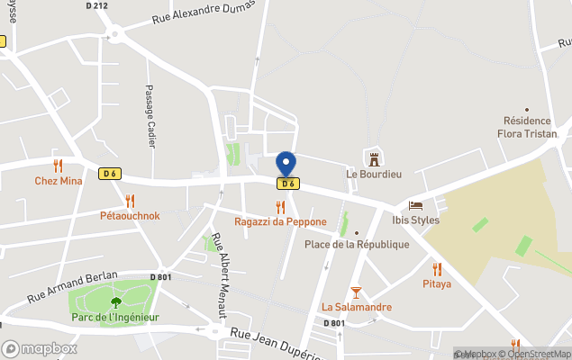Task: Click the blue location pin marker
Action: pyautogui.click(x=286, y=164)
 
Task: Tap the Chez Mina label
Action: pyautogui.click(x=59, y=181)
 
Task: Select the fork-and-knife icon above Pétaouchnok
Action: pyautogui.click(x=130, y=201)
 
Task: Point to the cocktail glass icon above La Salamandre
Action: pyautogui.click(x=357, y=292)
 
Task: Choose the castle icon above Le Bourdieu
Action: pyautogui.click(x=372, y=158)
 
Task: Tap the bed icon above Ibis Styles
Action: pyautogui.click(x=415, y=205)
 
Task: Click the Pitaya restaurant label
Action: pyautogui.click(x=437, y=283)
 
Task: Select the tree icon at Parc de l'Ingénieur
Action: pyautogui.click(x=115, y=302)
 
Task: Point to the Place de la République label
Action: pyautogui.click(x=357, y=244)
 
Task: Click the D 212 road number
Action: pyautogui.click(x=96, y=5)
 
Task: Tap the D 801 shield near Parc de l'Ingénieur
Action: pyautogui.click(x=160, y=276)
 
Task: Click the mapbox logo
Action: pyautogui.click(x=39, y=348)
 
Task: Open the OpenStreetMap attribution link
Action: pyautogui.click(x=538, y=354)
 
